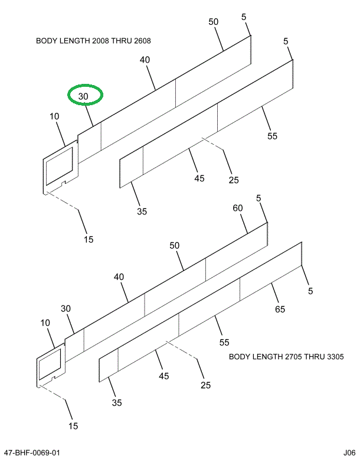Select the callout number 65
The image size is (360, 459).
280,310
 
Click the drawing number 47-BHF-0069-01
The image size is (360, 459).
31,453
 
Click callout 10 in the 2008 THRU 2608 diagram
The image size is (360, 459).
55,117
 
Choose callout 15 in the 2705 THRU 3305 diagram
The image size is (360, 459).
73,425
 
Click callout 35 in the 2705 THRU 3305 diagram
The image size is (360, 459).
117,403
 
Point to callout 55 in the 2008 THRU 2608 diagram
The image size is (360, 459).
272,136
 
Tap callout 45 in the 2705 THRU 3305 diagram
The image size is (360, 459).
163,376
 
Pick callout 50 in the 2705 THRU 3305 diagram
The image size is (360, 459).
174,245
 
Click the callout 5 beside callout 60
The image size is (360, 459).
258,198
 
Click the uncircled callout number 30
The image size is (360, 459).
66,308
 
